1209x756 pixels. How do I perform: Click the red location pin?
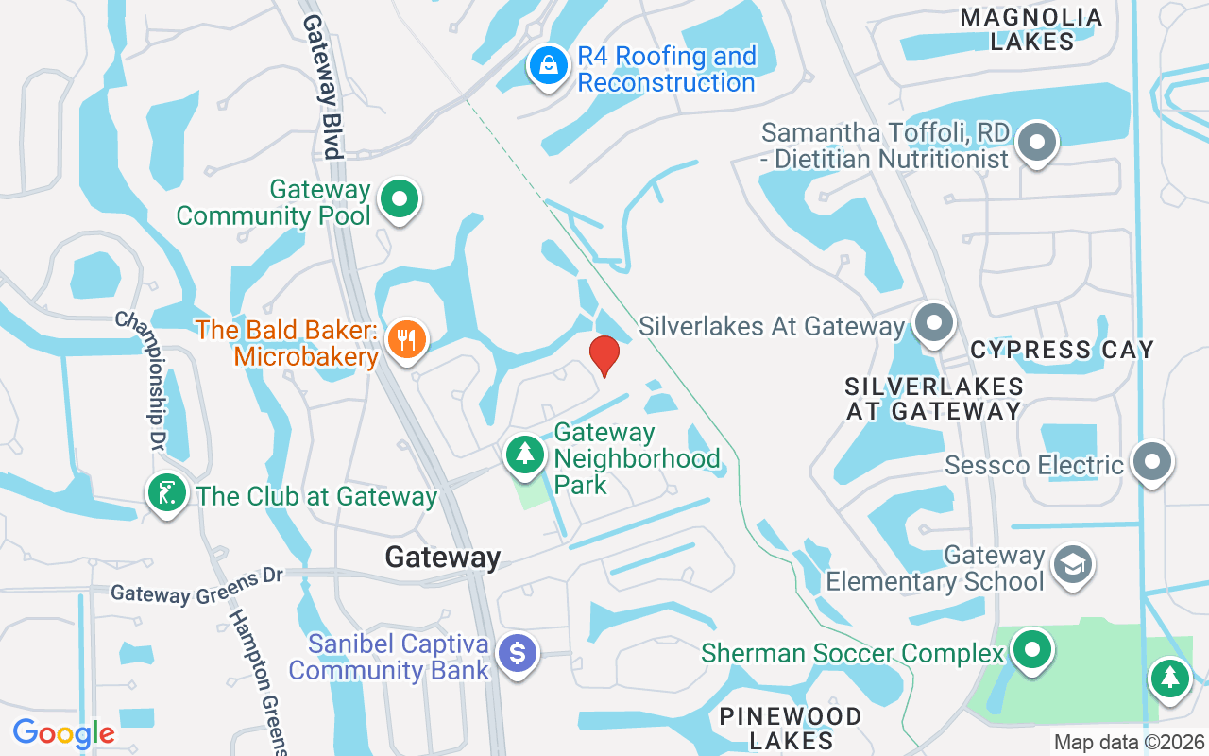(x=604, y=355)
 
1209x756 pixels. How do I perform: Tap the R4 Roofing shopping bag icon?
(x=547, y=66)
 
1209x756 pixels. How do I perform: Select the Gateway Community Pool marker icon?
(x=400, y=199)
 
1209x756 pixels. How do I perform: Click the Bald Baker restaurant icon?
(x=407, y=338)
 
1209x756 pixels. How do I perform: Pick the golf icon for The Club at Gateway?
(x=167, y=493)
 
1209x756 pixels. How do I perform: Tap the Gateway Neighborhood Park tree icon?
(x=525, y=454)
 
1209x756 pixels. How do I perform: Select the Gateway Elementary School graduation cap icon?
(x=1074, y=565)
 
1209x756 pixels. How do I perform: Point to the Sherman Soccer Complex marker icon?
(x=1031, y=650)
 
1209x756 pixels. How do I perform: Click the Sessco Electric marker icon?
(x=1151, y=462)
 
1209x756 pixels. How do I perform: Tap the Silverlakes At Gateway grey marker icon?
(x=934, y=323)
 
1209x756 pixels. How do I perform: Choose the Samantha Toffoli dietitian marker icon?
(x=1037, y=143)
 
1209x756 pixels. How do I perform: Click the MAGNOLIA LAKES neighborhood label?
(x=1031, y=29)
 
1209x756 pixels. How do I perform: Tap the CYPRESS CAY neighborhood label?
(x=1062, y=350)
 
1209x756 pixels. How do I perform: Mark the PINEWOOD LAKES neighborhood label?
(x=791, y=728)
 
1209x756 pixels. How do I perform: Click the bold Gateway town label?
(x=442, y=558)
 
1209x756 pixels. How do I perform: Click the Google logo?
(x=63, y=733)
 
